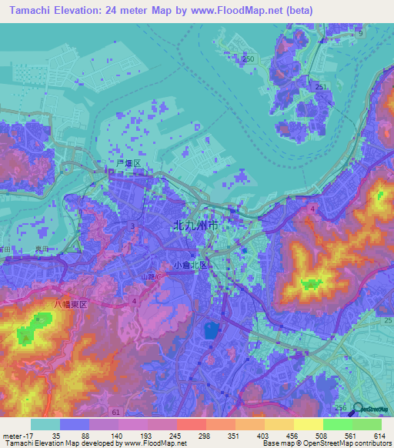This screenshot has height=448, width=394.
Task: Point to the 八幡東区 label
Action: tap(72, 305)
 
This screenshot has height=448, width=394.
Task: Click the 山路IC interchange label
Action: tap(151, 276)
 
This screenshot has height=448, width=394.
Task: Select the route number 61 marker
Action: tap(115, 413)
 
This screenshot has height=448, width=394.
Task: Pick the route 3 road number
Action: tap(133, 226)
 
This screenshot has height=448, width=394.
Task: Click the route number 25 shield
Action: tap(388, 319)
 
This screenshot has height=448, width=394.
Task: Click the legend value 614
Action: tap(379, 435)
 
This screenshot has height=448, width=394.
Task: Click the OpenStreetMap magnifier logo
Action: tap(358, 408)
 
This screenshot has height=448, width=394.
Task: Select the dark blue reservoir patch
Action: tap(211, 331)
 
